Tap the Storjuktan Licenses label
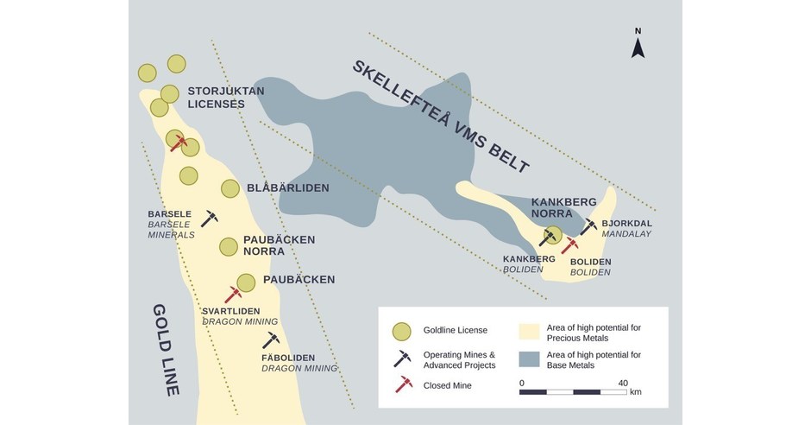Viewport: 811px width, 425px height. pos(226,97)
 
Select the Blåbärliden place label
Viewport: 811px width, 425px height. pos(288,187)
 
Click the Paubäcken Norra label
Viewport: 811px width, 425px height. pos(279,245)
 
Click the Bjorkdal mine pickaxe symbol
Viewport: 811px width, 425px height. pos(588,226)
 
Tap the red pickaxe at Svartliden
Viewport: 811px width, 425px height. pos(233,295)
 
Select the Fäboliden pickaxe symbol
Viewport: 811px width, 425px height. pos(272,339)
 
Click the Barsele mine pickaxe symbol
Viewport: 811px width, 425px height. pos(210,218)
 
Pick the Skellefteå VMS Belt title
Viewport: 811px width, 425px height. pos(440,117)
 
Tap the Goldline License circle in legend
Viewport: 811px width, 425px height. pos(401,331)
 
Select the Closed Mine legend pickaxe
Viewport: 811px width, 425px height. pos(402,384)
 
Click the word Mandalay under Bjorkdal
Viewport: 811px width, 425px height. pos(627,233)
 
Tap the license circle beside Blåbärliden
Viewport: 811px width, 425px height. pos(230,188)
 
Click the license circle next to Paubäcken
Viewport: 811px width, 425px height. pos(246,282)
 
